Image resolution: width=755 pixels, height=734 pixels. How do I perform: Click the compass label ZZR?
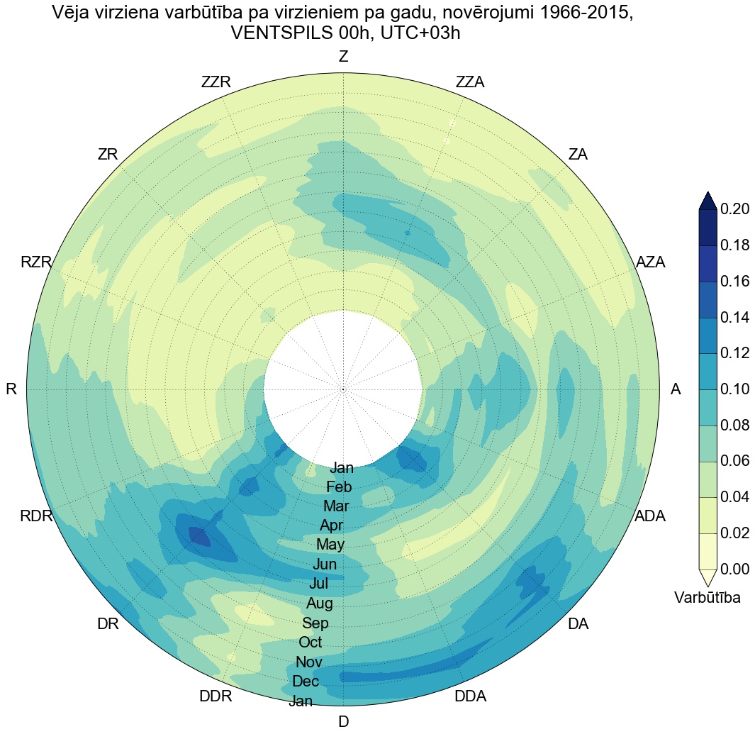[x=216, y=82]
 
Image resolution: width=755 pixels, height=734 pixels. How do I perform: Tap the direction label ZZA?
[x=470, y=82]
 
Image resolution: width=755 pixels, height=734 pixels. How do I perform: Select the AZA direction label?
[x=650, y=262]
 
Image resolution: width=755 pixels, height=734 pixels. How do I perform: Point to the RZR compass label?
[x=36, y=263]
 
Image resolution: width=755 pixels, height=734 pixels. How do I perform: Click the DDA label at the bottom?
[x=470, y=696]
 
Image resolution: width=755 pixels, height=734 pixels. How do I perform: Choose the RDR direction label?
[x=36, y=516]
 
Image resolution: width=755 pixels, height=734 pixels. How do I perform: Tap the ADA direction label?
[x=650, y=516]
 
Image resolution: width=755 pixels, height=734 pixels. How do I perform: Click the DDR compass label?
[x=216, y=696]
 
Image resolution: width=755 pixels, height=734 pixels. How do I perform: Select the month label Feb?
[x=339, y=487]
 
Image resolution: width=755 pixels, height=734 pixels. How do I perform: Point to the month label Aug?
[x=320, y=604]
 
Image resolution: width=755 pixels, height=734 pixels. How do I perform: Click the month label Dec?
[x=306, y=682]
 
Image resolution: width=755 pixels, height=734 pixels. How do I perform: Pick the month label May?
[x=330, y=545]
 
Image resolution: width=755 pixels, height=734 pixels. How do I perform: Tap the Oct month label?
[x=311, y=643]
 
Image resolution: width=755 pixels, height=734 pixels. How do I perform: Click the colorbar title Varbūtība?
[x=708, y=598]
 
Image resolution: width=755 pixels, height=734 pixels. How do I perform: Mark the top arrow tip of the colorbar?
[x=708, y=192]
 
